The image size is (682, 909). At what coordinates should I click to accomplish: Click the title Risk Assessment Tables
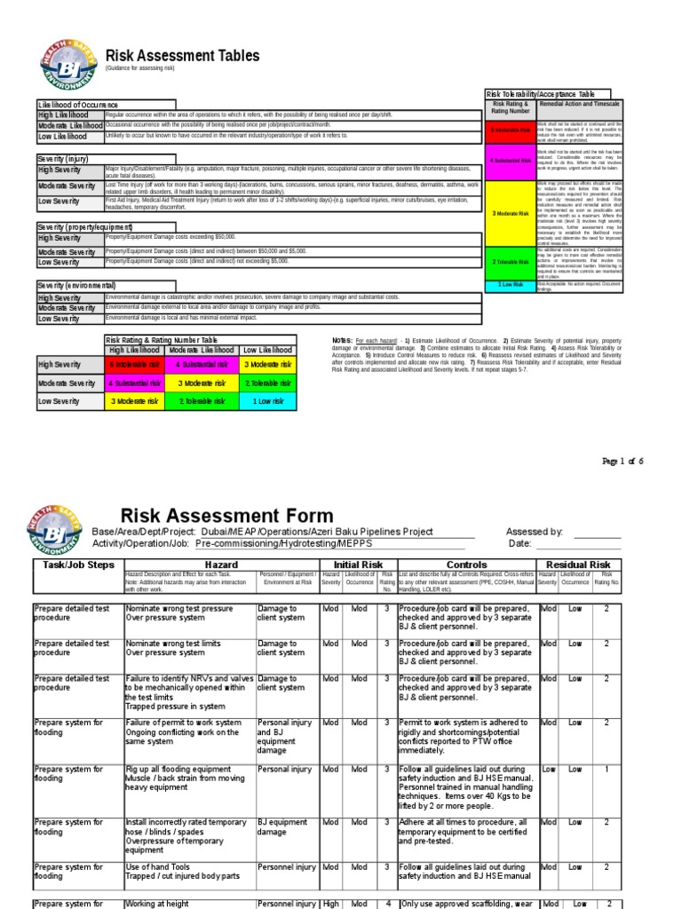coord(182,56)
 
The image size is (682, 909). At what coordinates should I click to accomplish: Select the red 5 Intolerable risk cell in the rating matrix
coord(135,365)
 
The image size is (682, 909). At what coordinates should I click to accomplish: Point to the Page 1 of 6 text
coord(622,462)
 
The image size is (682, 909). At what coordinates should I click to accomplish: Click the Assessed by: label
coord(534,532)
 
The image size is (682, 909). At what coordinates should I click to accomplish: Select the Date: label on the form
coord(519,543)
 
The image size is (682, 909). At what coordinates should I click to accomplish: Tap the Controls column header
coord(466,565)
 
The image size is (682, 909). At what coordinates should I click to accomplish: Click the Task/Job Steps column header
coord(78,565)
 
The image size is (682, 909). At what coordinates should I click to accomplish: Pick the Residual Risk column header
coord(578,565)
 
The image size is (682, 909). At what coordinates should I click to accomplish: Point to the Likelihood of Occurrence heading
coord(78,105)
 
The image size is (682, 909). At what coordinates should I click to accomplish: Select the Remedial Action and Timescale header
coord(580,104)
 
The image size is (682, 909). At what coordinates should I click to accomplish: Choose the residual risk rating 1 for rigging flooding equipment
coord(607,770)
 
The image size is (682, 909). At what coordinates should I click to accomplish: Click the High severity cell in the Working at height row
coord(330,904)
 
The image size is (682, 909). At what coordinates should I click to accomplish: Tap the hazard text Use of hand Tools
coord(158,866)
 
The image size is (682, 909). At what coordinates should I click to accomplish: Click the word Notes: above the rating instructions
coord(341,341)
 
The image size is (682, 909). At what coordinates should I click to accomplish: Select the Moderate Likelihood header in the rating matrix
coord(202,351)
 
